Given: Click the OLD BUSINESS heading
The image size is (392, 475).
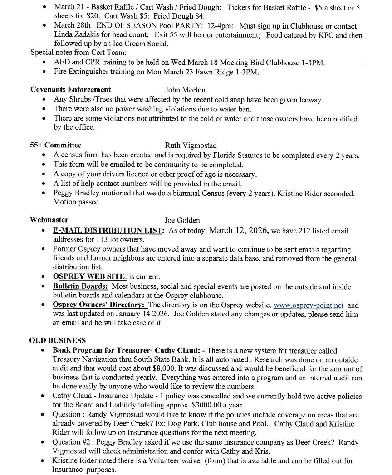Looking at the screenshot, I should point(57,340).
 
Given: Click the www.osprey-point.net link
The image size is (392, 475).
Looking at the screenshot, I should point(309,305).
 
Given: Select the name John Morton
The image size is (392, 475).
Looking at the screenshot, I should point(185,90).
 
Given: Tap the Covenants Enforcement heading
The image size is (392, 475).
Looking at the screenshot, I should point(70,89).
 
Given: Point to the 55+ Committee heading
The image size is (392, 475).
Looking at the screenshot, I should point(56,145).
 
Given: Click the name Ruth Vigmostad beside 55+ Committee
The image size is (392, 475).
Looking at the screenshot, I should point(191,145).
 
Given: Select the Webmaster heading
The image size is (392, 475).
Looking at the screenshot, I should point(49,219).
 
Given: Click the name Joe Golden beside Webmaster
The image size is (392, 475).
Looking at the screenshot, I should point(182,220).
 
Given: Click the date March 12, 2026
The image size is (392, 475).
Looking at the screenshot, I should point(238,230).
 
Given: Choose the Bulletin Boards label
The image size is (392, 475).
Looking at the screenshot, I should point(80,286).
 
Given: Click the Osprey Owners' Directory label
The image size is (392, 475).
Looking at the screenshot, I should point(99,305).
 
